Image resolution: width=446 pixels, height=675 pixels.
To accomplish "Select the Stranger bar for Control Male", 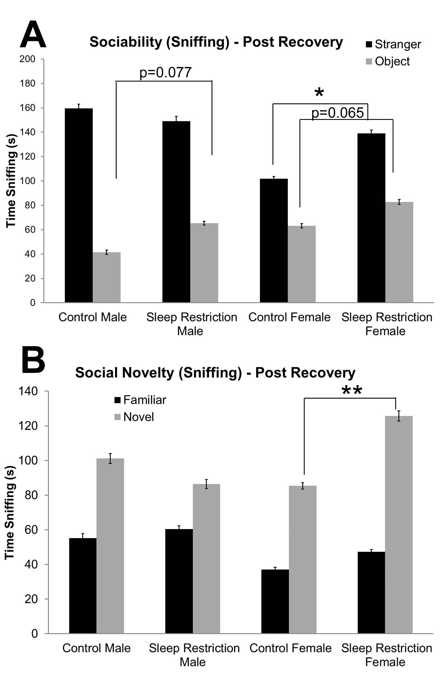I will (79, 205).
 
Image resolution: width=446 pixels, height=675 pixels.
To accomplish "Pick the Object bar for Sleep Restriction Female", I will (399, 252).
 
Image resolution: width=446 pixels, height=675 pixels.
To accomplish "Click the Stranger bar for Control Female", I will (274, 240).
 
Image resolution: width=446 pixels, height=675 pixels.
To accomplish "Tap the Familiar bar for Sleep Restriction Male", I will (179, 581).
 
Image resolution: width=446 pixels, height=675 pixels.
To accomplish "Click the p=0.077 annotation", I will (165, 73).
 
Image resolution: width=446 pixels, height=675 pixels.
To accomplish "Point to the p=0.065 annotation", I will (337, 113).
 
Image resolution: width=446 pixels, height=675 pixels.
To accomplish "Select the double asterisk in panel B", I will (352, 391).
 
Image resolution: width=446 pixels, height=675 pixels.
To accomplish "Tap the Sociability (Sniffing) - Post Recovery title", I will (216, 42).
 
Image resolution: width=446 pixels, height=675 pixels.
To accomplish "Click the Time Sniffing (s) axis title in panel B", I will (10, 513).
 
